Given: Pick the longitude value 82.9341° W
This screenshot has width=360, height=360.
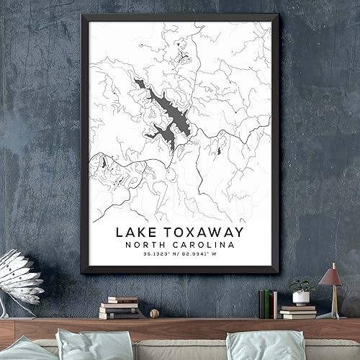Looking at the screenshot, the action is point(205,256).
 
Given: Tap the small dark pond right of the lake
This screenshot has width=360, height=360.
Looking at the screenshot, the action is point(218,150).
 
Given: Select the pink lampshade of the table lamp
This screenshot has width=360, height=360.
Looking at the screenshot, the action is point(330,275).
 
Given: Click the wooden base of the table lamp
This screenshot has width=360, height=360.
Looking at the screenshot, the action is point(330,315).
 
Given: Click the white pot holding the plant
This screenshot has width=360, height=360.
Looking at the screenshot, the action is point(300,297).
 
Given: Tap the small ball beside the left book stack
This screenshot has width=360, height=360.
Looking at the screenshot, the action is point(153,312).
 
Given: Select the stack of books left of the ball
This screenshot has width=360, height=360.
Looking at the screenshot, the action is point(120,307).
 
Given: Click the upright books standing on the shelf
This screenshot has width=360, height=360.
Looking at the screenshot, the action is point(268,303).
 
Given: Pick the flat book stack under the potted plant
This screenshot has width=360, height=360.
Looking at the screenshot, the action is point(298,311).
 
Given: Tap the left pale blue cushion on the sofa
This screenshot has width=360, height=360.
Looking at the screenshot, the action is point(83,346).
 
